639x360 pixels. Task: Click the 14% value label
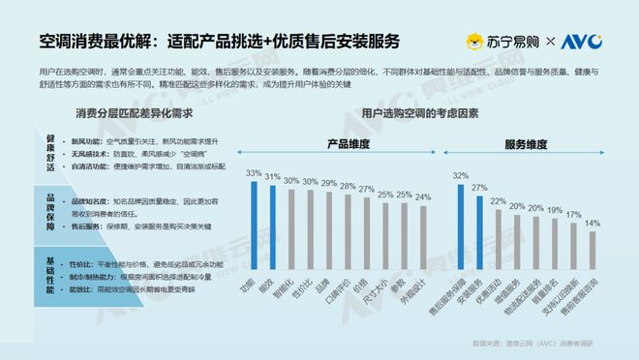click(593, 223)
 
